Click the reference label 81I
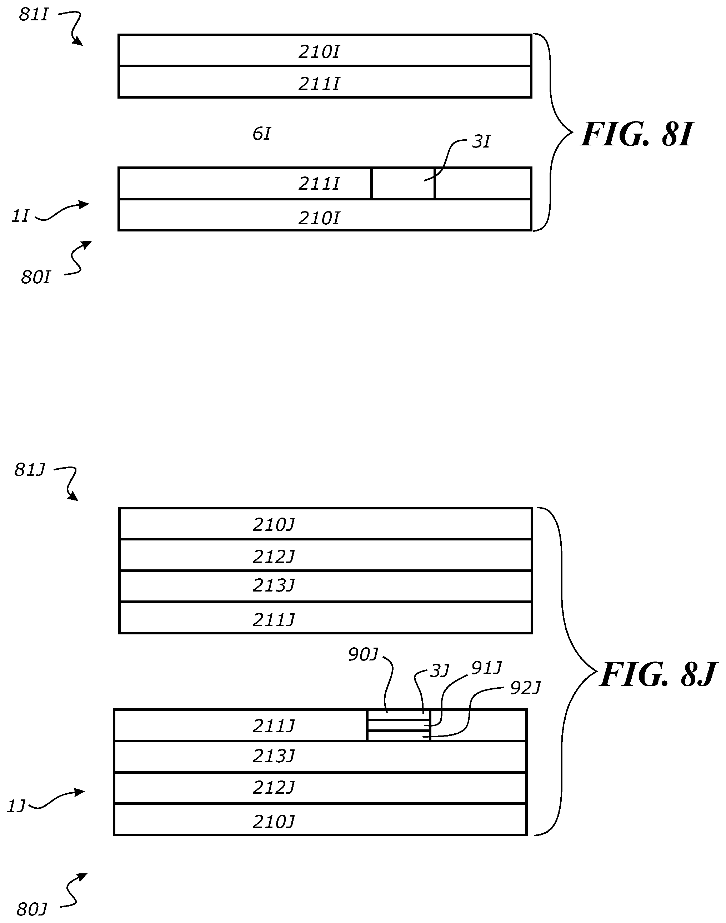pyautogui.click(x=34, y=15)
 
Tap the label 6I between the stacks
pyautogui.click(x=261, y=134)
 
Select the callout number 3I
pyautogui.click(x=481, y=141)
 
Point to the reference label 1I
pyautogui.click(x=20, y=216)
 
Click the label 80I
pyautogui.click(x=36, y=278)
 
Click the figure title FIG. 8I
pyautogui.click(x=636, y=134)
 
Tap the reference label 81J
pyautogui.click(x=29, y=470)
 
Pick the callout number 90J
pyautogui.click(x=362, y=655)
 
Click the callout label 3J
pyautogui.click(x=440, y=671)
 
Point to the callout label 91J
pyautogui.click(x=487, y=668)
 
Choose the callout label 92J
pyautogui.click(x=525, y=688)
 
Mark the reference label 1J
pyautogui.click(x=16, y=806)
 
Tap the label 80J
pyautogui.click(x=31, y=909)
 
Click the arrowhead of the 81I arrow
pyautogui.click(x=79, y=42)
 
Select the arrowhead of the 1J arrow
pyautogui.click(x=81, y=792)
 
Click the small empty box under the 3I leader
pyautogui.click(x=403, y=183)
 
